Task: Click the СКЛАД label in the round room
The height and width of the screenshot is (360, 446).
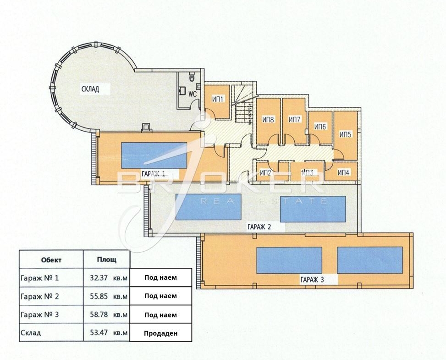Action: [x=90, y=89]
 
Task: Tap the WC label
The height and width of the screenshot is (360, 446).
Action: [x=193, y=94]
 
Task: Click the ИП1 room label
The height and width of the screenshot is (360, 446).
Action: [x=219, y=99]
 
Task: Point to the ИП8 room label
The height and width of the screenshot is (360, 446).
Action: [x=268, y=120]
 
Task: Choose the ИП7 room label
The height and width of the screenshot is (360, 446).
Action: [x=294, y=120]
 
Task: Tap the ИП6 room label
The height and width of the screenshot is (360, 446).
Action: [x=320, y=127]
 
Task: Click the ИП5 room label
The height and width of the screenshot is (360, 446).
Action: [x=346, y=134]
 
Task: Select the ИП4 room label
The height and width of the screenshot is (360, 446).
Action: [x=344, y=172]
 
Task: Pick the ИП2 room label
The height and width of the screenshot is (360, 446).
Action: [x=266, y=172]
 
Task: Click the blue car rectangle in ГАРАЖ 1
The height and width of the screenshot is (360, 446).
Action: [x=154, y=155]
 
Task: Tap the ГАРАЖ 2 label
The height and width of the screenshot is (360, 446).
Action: [x=259, y=227]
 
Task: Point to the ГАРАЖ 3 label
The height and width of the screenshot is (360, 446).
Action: [x=312, y=280]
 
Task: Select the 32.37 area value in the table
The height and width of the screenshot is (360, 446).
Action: [x=99, y=278]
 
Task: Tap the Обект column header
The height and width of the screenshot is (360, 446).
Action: [x=51, y=260]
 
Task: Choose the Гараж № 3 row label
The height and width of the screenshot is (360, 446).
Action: [x=39, y=315]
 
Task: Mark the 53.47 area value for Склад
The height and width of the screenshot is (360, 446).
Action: [x=99, y=332]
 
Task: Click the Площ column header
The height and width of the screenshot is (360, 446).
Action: [x=107, y=260]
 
